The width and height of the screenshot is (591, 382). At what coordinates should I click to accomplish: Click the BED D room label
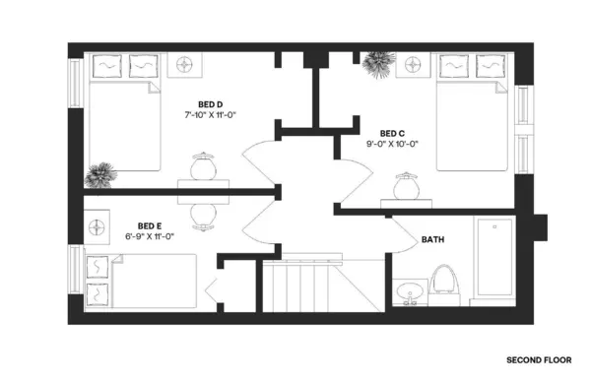point(209,103)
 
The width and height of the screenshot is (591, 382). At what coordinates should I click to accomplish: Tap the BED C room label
point(392,133)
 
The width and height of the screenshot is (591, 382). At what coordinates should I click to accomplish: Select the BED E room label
point(149,225)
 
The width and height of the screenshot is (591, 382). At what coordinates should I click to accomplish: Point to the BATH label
point(432,239)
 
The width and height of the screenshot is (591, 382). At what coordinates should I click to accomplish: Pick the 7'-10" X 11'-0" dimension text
point(210,115)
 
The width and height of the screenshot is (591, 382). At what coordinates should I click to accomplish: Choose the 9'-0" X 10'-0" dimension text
point(392,145)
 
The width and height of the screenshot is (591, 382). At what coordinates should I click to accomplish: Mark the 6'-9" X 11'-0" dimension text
point(150,237)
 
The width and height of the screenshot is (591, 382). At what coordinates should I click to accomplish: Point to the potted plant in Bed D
point(98,176)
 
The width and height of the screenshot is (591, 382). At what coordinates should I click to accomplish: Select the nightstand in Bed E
point(98,226)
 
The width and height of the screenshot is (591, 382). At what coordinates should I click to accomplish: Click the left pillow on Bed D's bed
point(106,67)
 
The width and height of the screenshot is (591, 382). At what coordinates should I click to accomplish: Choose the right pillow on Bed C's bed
point(490,67)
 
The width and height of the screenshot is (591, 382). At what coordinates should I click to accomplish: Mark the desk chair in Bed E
point(203,212)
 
